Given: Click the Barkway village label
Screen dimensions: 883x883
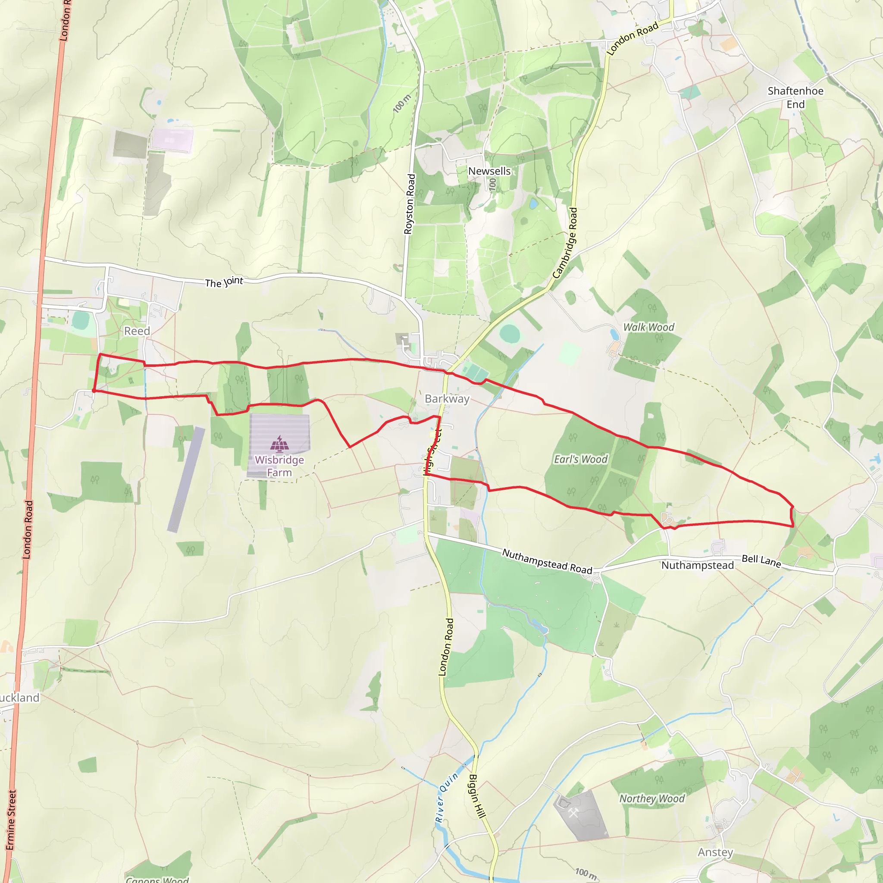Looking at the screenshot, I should coord(447,398).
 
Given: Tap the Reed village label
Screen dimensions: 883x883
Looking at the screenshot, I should coord(137,331).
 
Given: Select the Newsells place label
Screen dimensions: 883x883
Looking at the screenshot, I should coord(489,171).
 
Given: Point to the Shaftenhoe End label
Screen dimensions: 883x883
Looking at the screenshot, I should coord(795,97).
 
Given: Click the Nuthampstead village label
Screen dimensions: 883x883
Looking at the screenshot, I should coord(698,565).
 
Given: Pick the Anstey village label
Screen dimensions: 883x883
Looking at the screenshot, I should coord(715,852).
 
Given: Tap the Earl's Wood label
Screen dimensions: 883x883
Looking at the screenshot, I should coord(581,459).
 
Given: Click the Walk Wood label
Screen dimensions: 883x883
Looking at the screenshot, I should coord(648,327).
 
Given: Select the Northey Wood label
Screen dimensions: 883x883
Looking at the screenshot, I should coord(652,798).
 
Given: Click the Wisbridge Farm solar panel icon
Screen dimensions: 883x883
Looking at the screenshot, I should coord(279,443).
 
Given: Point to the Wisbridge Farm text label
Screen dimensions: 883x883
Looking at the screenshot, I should coord(279,466).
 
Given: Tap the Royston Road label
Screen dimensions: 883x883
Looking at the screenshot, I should coord(410,204).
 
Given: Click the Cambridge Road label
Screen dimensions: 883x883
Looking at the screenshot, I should coord(565,243).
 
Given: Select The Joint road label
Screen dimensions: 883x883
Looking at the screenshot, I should coord(224,282).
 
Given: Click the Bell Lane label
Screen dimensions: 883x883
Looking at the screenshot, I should coord(761,560).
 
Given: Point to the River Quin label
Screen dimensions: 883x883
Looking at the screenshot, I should coord(446,798).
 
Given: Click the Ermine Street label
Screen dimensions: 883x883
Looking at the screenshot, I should coord(10,820).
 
